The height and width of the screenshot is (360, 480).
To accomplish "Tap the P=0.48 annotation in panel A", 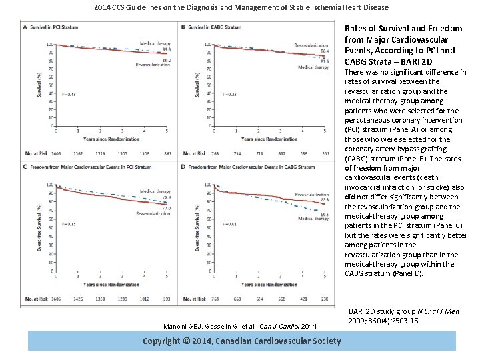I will tap(68, 94).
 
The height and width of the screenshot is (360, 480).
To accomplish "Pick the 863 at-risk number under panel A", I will tap(167, 153).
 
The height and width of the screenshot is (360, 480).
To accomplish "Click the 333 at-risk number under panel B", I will tap(325, 153).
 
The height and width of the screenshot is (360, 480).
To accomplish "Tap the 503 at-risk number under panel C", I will tap(167, 299).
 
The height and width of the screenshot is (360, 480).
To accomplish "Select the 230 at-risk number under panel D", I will tap(325, 299).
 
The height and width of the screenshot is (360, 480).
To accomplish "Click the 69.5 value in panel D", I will tap(325, 213).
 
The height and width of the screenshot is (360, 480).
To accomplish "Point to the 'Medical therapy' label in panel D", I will tap(311, 219).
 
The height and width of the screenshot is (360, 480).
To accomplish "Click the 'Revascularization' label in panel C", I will tap(152, 213).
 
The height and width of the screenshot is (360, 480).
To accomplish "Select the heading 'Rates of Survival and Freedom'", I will tap(403, 29).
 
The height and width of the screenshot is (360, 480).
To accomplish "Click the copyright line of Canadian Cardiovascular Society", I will tap(241, 341).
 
